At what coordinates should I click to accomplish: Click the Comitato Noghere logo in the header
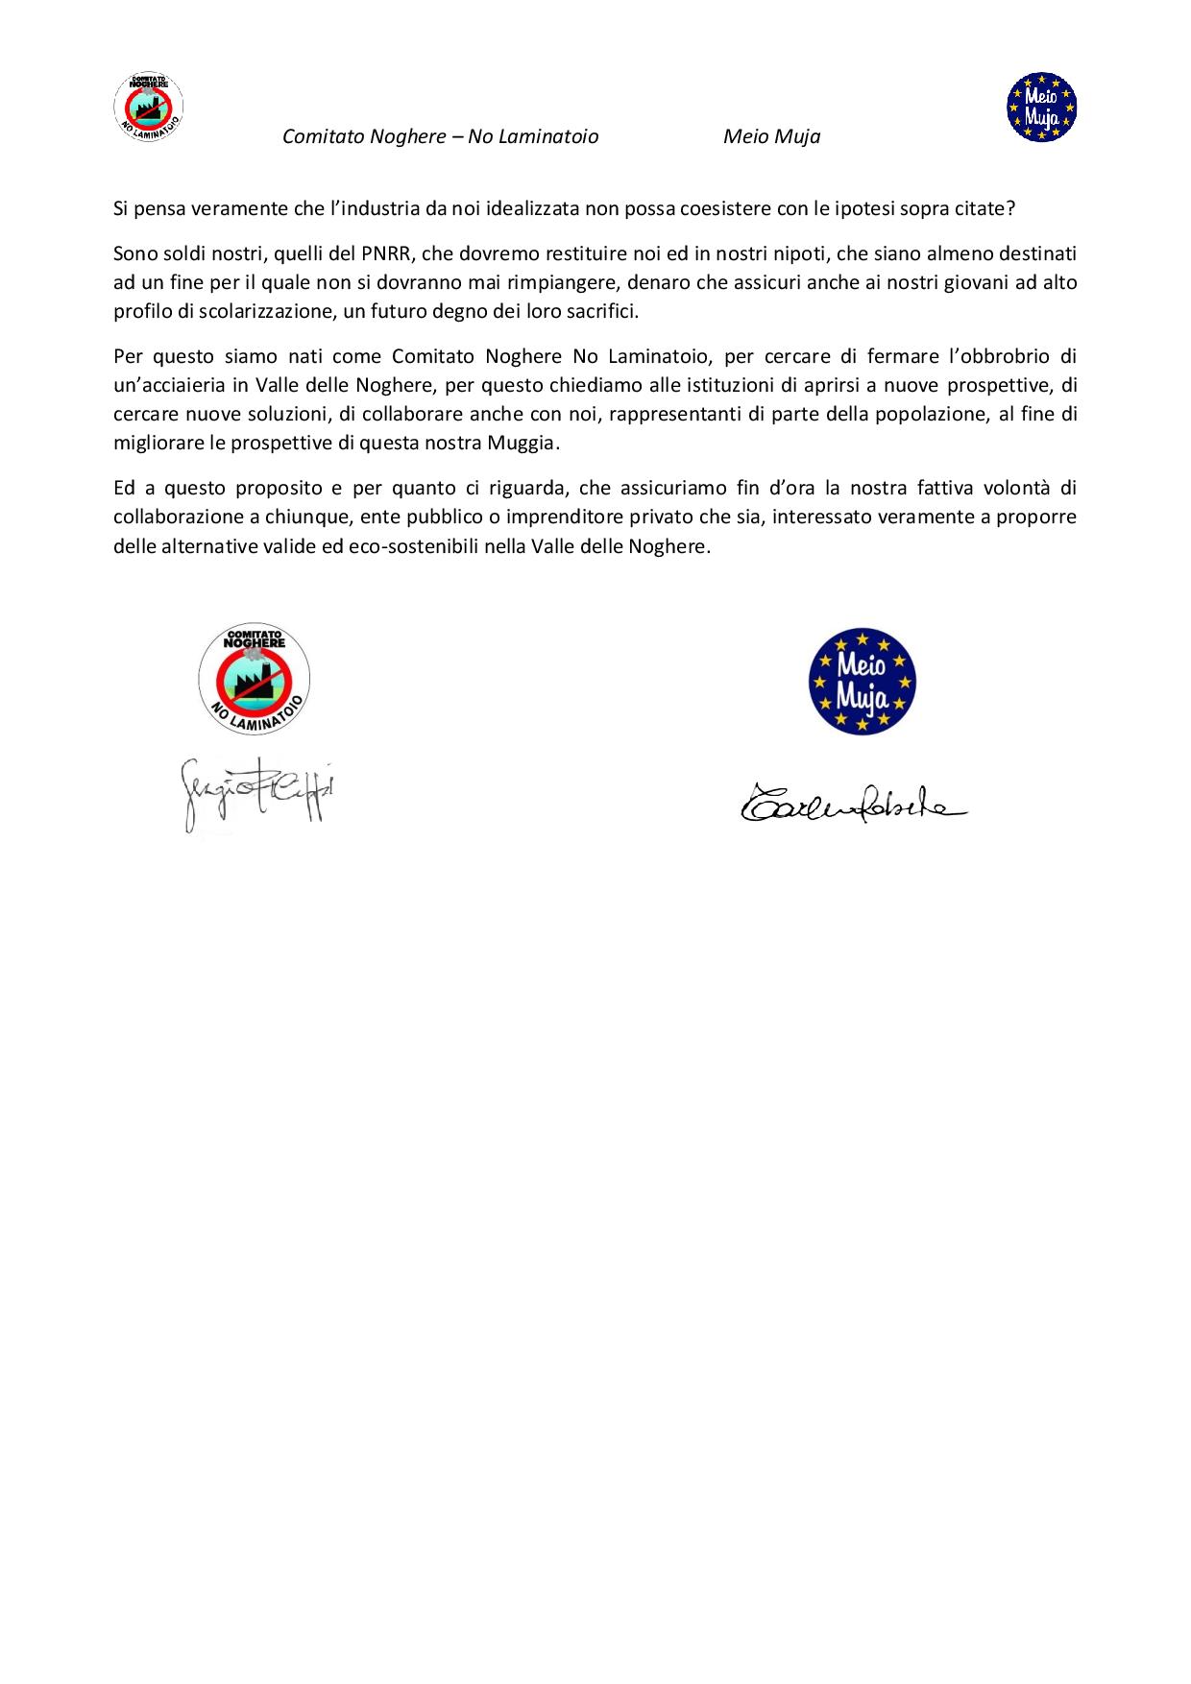(x=149, y=108)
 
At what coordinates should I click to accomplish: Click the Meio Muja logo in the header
(x=1041, y=108)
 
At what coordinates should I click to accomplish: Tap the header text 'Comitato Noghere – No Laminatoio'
(x=440, y=136)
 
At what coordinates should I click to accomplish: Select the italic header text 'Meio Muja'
(x=771, y=136)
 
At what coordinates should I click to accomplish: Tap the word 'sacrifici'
(x=602, y=312)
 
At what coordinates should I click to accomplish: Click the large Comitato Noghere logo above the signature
(x=255, y=679)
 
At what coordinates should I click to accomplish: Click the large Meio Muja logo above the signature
(x=862, y=681)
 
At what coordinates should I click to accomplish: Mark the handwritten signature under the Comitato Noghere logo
(x=257, y=792)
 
